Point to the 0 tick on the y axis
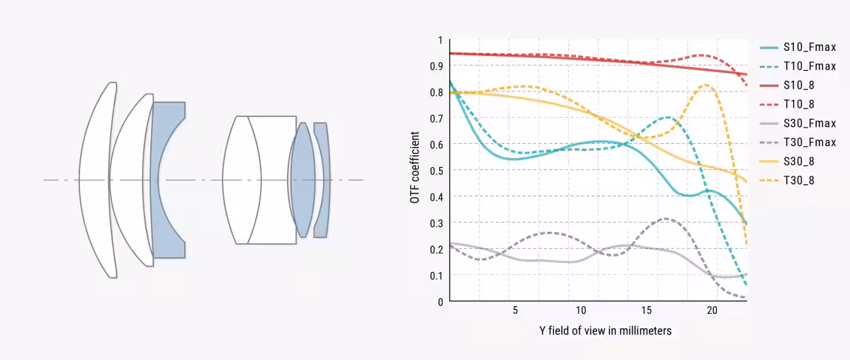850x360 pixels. click(440, 301)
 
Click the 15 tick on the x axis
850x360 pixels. click(647, 311)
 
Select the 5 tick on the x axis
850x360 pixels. click(515, 311)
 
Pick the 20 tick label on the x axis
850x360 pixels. click(713, 311)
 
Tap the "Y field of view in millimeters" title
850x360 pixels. click(605, 331)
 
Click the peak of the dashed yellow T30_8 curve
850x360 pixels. click(705, 85)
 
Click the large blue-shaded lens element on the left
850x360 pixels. click(168, 179)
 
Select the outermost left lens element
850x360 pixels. click(96, 179)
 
